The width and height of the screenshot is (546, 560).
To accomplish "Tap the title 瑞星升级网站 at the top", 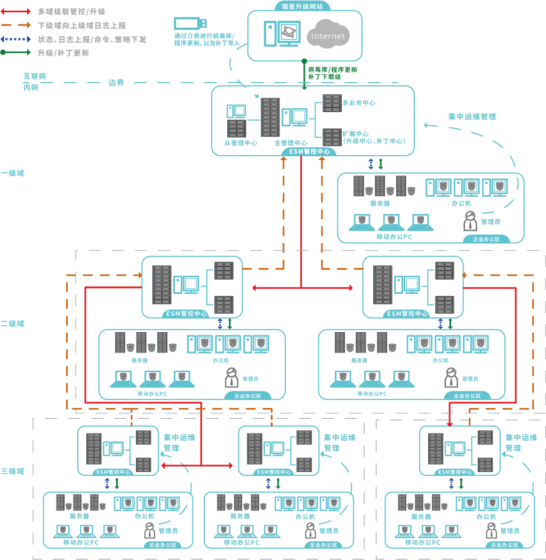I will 306,6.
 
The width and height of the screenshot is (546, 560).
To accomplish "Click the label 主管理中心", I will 291,143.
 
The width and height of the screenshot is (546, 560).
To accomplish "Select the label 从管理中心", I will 241,143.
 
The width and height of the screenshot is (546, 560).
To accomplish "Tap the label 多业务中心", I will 359,103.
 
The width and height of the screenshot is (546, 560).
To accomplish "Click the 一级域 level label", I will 12,173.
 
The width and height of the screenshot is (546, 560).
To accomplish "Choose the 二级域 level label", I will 12,324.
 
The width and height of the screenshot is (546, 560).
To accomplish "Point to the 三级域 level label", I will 12,471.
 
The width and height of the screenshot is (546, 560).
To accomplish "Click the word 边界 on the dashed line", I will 116,83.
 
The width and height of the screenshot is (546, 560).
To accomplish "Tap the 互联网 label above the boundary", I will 34,77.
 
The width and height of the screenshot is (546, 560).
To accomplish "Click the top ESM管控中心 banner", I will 309,151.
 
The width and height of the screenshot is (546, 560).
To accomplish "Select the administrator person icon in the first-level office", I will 470,221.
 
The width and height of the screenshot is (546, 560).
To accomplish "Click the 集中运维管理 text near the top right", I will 472,116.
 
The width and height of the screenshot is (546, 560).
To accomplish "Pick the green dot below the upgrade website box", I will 304,61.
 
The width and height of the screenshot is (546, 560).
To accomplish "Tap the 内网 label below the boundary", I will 31,87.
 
